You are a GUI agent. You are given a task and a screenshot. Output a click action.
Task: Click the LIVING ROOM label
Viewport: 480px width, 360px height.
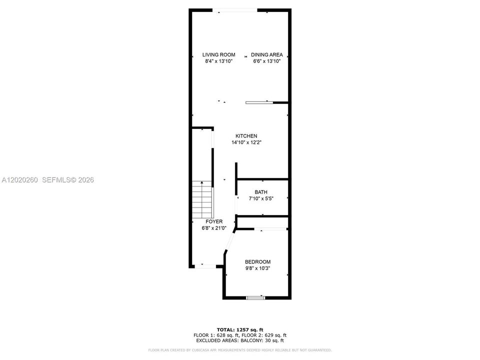pyautogui.click(x=218, y=55)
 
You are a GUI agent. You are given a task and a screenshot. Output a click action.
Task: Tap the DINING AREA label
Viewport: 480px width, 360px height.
pyautogui.click(x=266, y=55)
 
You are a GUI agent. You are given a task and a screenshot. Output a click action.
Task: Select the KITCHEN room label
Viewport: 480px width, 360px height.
pyautogui.click(x=246, y=136)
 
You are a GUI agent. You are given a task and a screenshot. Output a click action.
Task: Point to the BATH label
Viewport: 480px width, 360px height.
pyautogui.click(x=261, y=192)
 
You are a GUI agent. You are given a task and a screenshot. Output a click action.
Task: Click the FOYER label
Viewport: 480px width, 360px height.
pyautogui.click(x=214, y=221)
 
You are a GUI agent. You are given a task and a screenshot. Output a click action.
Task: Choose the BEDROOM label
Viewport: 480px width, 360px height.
pyautogui.click(x=257, y=262)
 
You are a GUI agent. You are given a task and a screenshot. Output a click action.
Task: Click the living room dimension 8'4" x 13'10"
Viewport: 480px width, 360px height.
pyautogui.click(x=218, y=61)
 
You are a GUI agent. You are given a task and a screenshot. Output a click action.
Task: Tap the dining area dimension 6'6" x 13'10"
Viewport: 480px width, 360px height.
pyautogui.click(x=266, y=61)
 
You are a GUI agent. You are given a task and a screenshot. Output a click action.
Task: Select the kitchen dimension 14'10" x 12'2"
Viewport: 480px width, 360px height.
pyautogui.click(x=246, y=142)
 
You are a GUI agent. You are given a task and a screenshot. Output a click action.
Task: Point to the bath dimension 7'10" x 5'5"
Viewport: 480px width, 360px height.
pyautogui.click(x=261, y=198)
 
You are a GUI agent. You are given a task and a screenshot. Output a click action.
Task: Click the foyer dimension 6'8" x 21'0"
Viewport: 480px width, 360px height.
pyautogui.click(x=214, y=228)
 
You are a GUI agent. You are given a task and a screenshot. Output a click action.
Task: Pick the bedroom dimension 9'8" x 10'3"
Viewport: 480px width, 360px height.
pyautogui.click(x=257, y=268)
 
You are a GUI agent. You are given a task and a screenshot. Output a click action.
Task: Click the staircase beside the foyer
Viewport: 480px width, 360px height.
pyautogui.click(x=202, y=199)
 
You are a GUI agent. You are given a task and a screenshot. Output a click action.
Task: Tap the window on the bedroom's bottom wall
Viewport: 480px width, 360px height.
pyautogui.click(x=255, y=297)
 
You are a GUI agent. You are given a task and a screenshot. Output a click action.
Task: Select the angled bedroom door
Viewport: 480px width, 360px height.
pyautogui.click(x=229, y=240)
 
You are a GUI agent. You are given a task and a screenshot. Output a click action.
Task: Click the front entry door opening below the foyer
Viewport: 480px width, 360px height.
pyautogui.click(x=205, y=266)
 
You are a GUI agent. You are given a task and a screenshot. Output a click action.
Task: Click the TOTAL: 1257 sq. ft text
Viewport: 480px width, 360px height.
pyautogui.click(x=240, y=330)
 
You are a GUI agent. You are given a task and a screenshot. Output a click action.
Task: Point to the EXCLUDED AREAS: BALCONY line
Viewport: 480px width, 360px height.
pyautogui.click(x=240, y=340)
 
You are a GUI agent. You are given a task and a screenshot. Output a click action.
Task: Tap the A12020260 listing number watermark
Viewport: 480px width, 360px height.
pyautogui.click(x=20, y=180)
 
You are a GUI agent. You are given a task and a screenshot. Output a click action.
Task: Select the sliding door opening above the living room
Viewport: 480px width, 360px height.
pyautogui.click(x=235, y=10)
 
